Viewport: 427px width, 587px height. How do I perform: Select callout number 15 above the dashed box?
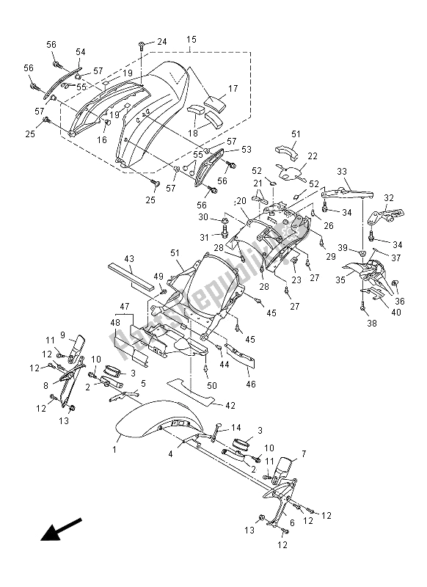tap(191, 38)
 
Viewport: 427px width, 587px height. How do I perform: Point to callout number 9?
tap(62, 335)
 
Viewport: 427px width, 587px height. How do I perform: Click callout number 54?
tap(80, 52)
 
